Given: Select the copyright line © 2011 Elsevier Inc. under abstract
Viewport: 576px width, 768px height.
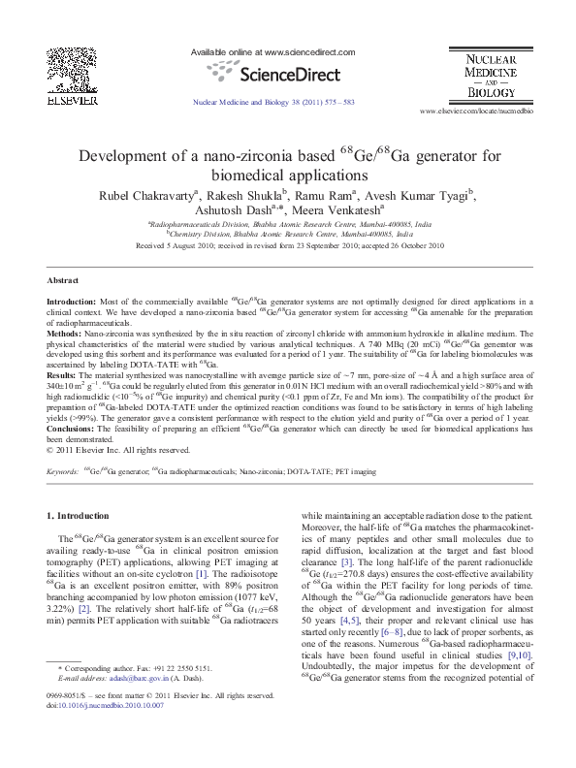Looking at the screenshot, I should pos(118,450).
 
